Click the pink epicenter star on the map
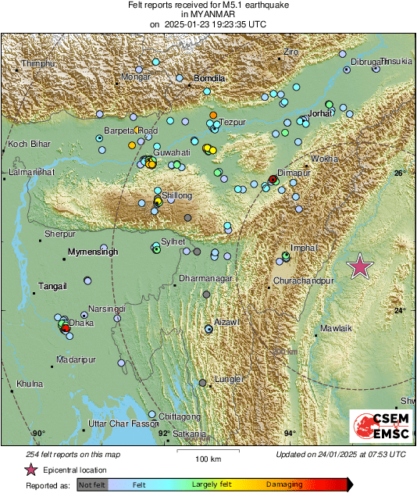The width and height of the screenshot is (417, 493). [x=360, y=266]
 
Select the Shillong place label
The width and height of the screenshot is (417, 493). [x=176, y=196]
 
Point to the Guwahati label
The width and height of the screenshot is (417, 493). [x=172, y=152]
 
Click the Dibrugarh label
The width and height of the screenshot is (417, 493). [x=370, y=61]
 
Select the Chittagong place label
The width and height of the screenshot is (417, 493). [x=180, y=416]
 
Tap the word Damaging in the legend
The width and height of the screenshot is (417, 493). [x=284, y=484]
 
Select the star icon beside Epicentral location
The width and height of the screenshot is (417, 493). [x=30, y=470]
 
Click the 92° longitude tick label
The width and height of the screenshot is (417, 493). [x=164, y=433]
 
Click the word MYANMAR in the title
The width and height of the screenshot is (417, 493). [x=208, y=14]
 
